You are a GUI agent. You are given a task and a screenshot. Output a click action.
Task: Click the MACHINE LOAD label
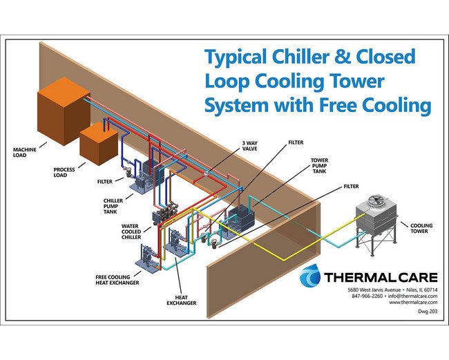[x=27, y=152]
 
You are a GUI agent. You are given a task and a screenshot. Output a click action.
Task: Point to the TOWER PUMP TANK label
[x=321, y=165]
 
